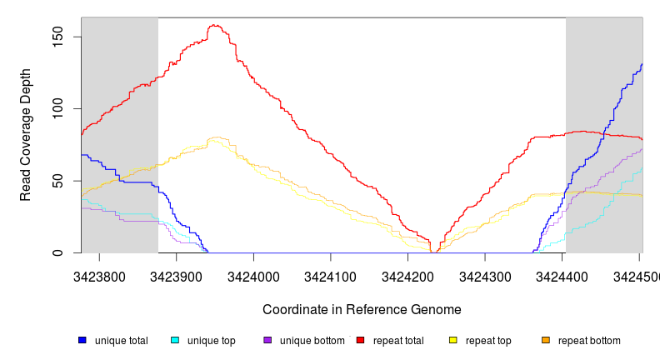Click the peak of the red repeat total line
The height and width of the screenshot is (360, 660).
click(214, 25)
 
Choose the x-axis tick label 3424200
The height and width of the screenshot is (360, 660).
click(408, 274)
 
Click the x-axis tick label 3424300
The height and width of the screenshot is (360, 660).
click(486, 274)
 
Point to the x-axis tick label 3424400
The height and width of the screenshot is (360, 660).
click(563, 274)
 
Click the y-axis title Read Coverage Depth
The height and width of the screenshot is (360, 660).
click(26, 135)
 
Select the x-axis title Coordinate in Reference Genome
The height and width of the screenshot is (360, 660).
click(362, 309)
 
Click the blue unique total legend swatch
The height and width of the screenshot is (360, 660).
click(82, 340)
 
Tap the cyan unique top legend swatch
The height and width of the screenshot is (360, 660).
click(175, 340)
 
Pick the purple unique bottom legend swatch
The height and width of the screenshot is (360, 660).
click(267, 340)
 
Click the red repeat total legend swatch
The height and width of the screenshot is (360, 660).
click(360, 340)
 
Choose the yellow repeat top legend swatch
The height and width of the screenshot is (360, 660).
click(453, 340)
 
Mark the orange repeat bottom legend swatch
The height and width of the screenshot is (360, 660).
click(546, 340)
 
